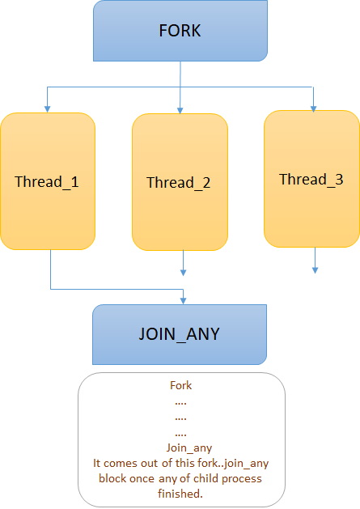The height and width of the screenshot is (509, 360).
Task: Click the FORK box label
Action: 180,31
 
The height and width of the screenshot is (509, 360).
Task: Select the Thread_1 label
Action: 47,181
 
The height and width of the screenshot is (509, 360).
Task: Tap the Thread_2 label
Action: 179,182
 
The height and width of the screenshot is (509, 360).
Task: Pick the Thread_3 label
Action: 311,179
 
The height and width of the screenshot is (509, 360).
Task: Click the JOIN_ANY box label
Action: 179,334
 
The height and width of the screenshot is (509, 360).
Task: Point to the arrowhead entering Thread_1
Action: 48,108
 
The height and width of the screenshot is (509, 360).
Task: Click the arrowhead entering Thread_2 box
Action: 180,110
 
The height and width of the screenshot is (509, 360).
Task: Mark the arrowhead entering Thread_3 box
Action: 313,108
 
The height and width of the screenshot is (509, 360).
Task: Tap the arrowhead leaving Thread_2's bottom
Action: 183,273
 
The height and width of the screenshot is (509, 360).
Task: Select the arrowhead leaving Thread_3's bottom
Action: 315,269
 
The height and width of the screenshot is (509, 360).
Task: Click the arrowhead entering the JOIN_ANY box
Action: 183,300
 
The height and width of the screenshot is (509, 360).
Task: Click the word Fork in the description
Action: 181,385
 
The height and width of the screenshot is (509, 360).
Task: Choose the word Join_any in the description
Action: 189,448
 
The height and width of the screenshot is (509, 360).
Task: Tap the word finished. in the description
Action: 180,494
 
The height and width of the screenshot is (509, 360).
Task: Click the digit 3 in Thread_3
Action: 339,180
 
